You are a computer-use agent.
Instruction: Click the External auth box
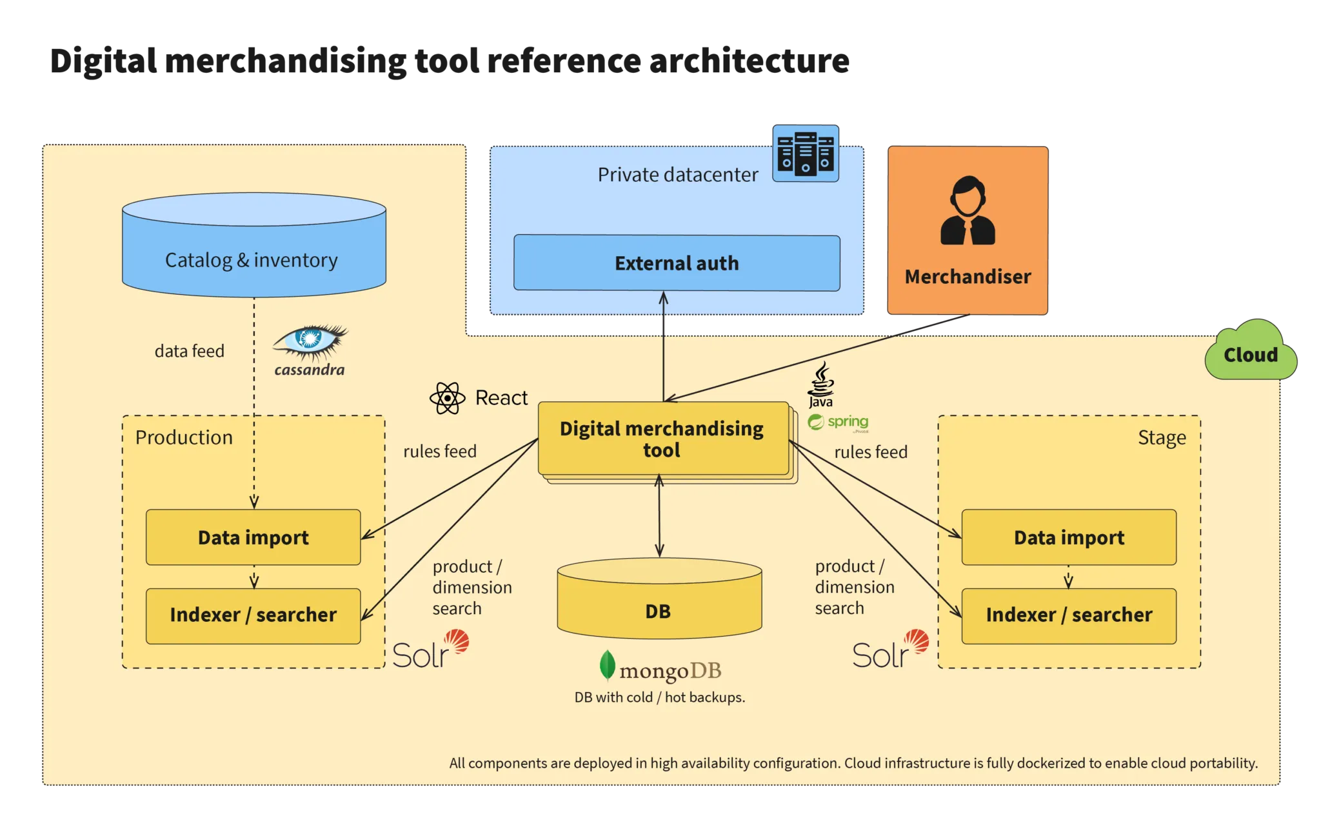tap(677, 263)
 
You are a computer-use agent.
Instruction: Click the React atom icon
tap(447, 398)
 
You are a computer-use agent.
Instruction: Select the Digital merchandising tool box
tap(662, 439)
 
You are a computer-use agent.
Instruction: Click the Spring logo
tap(839, 423)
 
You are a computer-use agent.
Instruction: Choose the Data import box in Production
tap(253, 537)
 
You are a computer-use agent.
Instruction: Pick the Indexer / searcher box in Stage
tap(1069, 615)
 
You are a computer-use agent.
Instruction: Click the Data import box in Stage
tap(1069, 537)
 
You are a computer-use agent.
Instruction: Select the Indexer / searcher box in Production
tap(253, 615)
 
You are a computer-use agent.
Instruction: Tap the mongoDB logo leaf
tap(607, 666)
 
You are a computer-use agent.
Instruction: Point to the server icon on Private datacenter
tap(806, 154)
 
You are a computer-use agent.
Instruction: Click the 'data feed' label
tap(190, 351)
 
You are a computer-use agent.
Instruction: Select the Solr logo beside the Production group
tap(430, 652)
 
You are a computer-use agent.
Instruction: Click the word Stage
tap(1162, 437)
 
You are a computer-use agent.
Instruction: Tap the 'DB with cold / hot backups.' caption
tap(660, 697)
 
